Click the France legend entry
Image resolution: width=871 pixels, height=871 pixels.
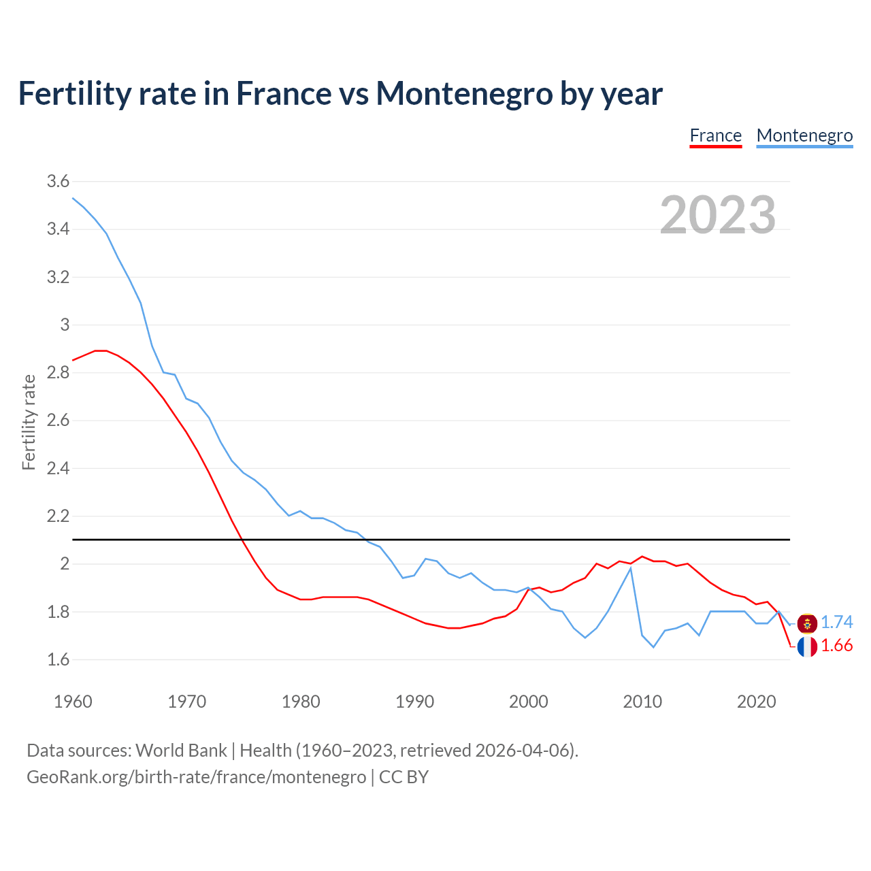coord(715,135)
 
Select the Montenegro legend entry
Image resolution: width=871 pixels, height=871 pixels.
coord(804,135)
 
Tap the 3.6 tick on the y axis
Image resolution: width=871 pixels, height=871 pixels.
coord(58,181)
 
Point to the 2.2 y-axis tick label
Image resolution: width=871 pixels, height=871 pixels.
coord(58,516)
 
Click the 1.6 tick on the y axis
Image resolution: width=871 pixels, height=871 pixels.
coord(58,659)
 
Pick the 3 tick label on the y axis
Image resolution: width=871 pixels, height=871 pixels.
coord(65,325)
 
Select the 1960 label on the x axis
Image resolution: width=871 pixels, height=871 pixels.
coord(73,702)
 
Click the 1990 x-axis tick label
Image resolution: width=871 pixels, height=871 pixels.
coord(414,702)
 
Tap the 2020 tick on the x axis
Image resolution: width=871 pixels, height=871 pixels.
coord(756,702)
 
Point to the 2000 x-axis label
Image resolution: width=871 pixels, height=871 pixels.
coord(528,702)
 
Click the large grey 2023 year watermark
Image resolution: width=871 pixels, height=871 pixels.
coord(717,215)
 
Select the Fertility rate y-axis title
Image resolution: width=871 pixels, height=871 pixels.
coord(29,422)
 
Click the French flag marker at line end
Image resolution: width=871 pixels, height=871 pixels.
coord(807,646)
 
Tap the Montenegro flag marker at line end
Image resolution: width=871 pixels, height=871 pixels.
coord(807,623)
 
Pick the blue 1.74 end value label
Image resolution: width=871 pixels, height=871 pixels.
coord(836,623)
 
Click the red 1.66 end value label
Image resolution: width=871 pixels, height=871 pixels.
coord(836,646)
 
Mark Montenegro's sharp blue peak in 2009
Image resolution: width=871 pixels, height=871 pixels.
coord(631,568)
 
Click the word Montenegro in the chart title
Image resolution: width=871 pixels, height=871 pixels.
coord(464,93)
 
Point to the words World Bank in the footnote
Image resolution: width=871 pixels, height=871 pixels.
coord(181,751)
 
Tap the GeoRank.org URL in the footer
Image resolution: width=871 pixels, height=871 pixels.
coord(196,777)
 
